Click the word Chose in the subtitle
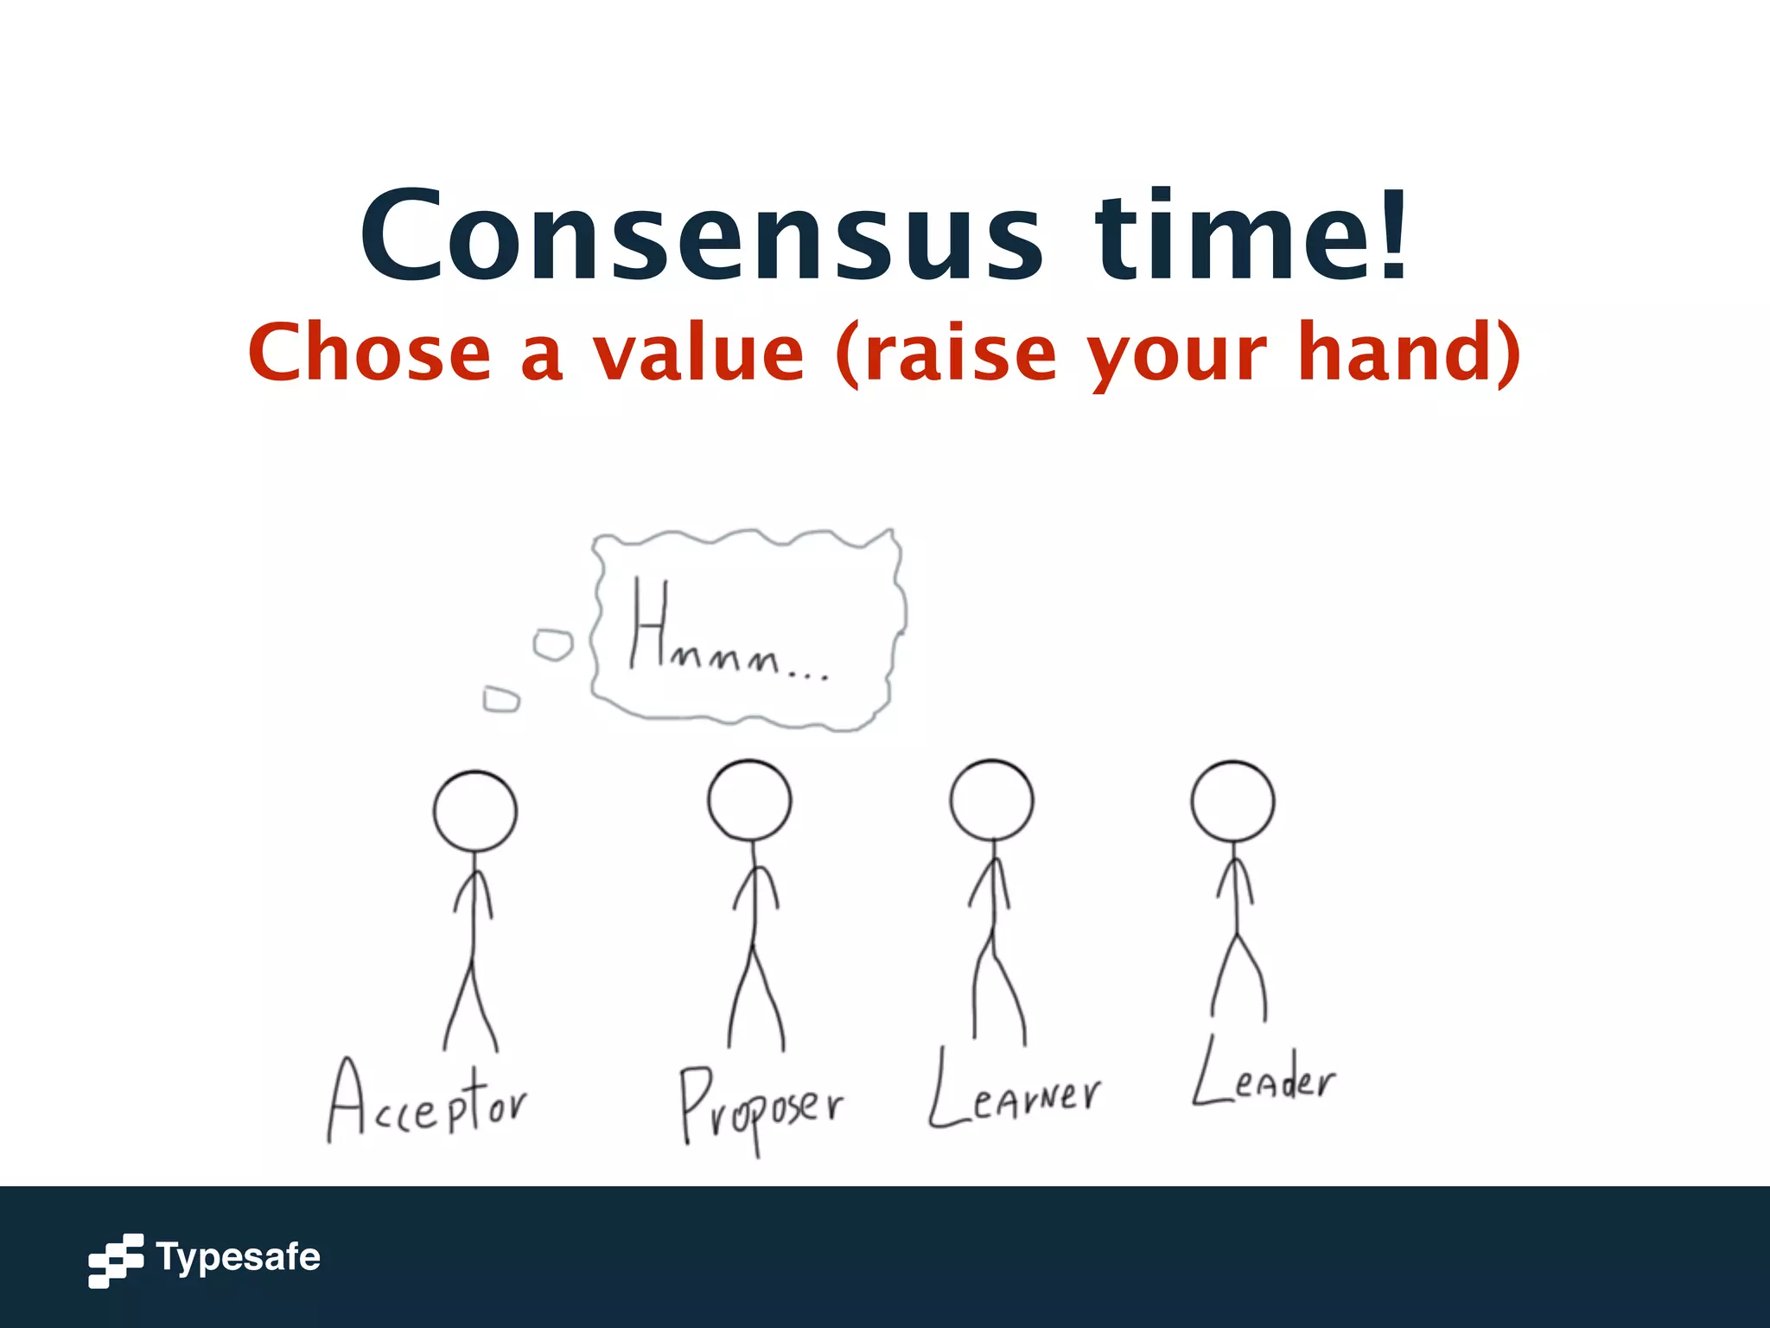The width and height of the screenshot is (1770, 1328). point(369,353)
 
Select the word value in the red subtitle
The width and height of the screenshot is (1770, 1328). point(698,353)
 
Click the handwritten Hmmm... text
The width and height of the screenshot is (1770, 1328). point(726,631)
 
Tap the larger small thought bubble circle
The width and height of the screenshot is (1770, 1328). point(552,645)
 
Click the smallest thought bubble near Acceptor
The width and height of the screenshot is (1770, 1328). point(501,699)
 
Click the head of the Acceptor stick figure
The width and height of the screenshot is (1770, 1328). point(474,811)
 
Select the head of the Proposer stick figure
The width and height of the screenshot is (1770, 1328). point(749,800)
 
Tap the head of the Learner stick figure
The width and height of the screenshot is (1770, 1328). point(991,800)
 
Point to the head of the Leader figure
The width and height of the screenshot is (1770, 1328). point(1232,801)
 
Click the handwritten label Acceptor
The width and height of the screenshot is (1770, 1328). point(427,1102)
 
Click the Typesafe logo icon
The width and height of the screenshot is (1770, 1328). point(116,1261)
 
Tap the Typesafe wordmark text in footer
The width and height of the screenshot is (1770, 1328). point(238,1258)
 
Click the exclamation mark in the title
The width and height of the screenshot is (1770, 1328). point(1393,235)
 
